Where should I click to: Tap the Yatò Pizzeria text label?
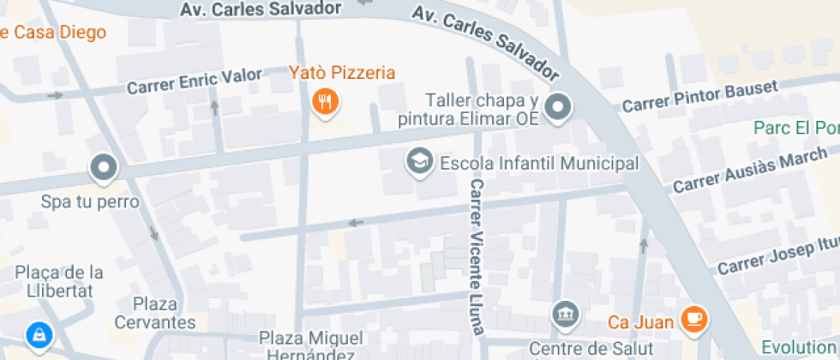tap(341, 72)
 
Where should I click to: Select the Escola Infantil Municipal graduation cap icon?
tap(419, 161)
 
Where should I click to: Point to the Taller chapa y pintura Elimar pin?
tap(560, 107)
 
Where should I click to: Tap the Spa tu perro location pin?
tap(105, 168)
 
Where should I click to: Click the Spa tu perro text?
tap(89, 203)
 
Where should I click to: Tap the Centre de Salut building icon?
tap(566, 313)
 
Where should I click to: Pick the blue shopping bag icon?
tap(39, 335)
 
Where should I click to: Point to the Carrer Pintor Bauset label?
tap(699, 96)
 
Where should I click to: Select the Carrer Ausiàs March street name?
tap(750, 169)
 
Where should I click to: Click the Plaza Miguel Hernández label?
tap(311, 345)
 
